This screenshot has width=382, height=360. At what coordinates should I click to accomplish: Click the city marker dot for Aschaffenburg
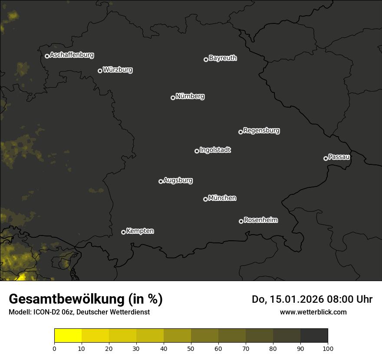point(47,56)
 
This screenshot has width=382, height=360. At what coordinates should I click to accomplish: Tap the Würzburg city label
point(118,69)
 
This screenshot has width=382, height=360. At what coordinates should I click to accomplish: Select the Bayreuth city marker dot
point(206,59)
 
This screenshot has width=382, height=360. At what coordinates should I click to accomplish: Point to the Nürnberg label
point(190,96)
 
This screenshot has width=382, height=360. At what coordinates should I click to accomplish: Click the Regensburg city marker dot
point(240,132)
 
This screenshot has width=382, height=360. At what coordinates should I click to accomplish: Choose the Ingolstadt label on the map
point(215,150)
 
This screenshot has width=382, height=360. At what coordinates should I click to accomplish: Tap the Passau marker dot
point(326,158)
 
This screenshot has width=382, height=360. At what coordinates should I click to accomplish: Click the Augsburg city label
point(178,180)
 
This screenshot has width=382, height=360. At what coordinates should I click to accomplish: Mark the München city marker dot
point(205,199)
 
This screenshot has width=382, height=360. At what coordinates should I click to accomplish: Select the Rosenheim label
point(261,220)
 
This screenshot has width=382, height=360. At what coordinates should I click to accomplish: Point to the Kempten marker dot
point(123,232)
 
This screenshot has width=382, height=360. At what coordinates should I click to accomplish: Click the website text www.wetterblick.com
point(313,312)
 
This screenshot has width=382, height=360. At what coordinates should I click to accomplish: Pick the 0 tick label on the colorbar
point(54,348)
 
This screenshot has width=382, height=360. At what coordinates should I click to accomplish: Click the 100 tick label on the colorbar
point(328,348)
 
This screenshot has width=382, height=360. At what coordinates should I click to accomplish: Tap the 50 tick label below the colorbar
point(191,348)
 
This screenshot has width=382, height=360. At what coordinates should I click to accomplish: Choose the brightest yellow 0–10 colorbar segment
point(68,335)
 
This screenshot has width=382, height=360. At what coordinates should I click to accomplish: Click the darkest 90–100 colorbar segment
point(314,335)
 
